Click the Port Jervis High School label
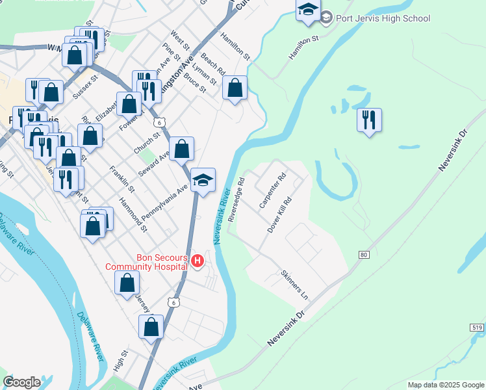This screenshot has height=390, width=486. click(x=383, y=18)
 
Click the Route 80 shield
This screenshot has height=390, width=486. click(x=363, y=254)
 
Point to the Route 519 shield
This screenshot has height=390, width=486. click(x=477, y=328)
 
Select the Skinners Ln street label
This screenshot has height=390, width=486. click(x=295, y=285)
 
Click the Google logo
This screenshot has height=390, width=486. click(x=22, y=382)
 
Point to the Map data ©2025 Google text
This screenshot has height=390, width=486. click(x=445, y=385)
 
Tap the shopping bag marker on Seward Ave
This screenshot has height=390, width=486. click(x=183, y=148)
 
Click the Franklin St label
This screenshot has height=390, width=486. click(x=122, y=180)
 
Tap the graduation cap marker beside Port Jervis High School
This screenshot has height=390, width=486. click(x=308, y=10)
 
